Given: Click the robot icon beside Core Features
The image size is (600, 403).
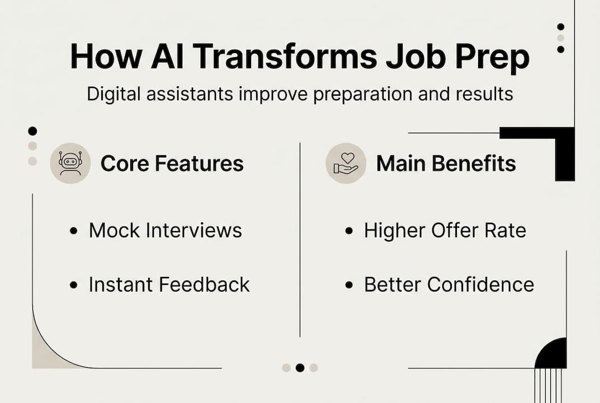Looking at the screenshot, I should pyautogui.click(x=70, y=163).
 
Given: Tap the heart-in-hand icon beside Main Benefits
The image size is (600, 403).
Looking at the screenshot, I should pyautogui.click(x=346, y=163).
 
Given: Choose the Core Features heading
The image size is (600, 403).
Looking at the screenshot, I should pyautogui.click(x=172, y=163).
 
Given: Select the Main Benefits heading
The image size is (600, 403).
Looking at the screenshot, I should pyautogui.click(x=446, y=163).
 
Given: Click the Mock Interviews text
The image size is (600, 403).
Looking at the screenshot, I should pyautogui.click(x=165, y=230).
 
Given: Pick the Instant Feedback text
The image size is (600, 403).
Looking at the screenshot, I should pyautogui.click(x=169, y=284).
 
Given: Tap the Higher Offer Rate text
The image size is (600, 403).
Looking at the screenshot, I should pyautogui.click(x=445, y=230).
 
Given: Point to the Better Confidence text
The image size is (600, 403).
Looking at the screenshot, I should pyautogui.click(x=449, y=284).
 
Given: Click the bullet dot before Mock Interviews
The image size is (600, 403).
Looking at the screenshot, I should pyautogui.click(x=73, y=231).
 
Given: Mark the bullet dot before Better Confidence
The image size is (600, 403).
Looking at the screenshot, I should pyautogui.click(x=349, y=285).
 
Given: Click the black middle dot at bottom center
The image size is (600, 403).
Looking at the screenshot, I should pyautogui.click(x=300, y=368).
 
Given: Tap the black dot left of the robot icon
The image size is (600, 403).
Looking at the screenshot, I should pyautogui.click(x=32, y=131).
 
